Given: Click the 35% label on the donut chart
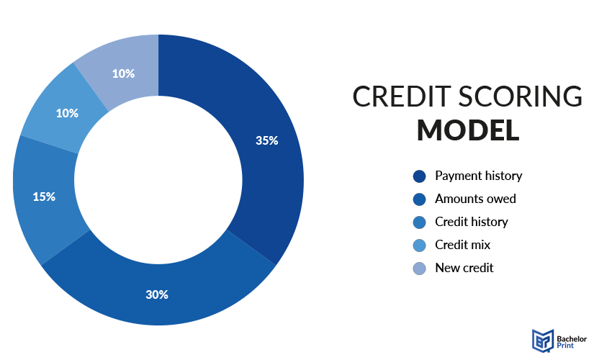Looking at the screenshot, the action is coord(266,140).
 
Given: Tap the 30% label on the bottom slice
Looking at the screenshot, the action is coord(157,294).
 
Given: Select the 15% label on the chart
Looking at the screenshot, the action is coord(44,197).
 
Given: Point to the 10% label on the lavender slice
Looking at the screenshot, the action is coord(124,73).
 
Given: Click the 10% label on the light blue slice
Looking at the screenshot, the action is coord(67,113).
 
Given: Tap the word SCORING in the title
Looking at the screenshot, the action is coord(521,96).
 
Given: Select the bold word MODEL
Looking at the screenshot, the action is coord(468,130).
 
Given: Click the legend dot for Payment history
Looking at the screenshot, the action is coord(419,176).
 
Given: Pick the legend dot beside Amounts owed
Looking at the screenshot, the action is coord(419,199).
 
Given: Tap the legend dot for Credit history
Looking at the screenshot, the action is coord(419,222).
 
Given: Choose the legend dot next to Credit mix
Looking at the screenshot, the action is coord(419,246).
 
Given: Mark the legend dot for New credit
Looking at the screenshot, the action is coord(419,269).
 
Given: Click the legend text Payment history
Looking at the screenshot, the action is coord(479,176).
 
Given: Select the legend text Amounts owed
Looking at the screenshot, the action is coord(475,199).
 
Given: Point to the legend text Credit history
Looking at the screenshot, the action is coord(472,222).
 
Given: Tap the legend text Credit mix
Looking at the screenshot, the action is coord(462,245).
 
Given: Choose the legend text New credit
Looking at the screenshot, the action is coord(464,268).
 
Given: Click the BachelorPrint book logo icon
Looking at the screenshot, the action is coord(543,341).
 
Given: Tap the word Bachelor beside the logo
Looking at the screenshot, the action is coord(572,339).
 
